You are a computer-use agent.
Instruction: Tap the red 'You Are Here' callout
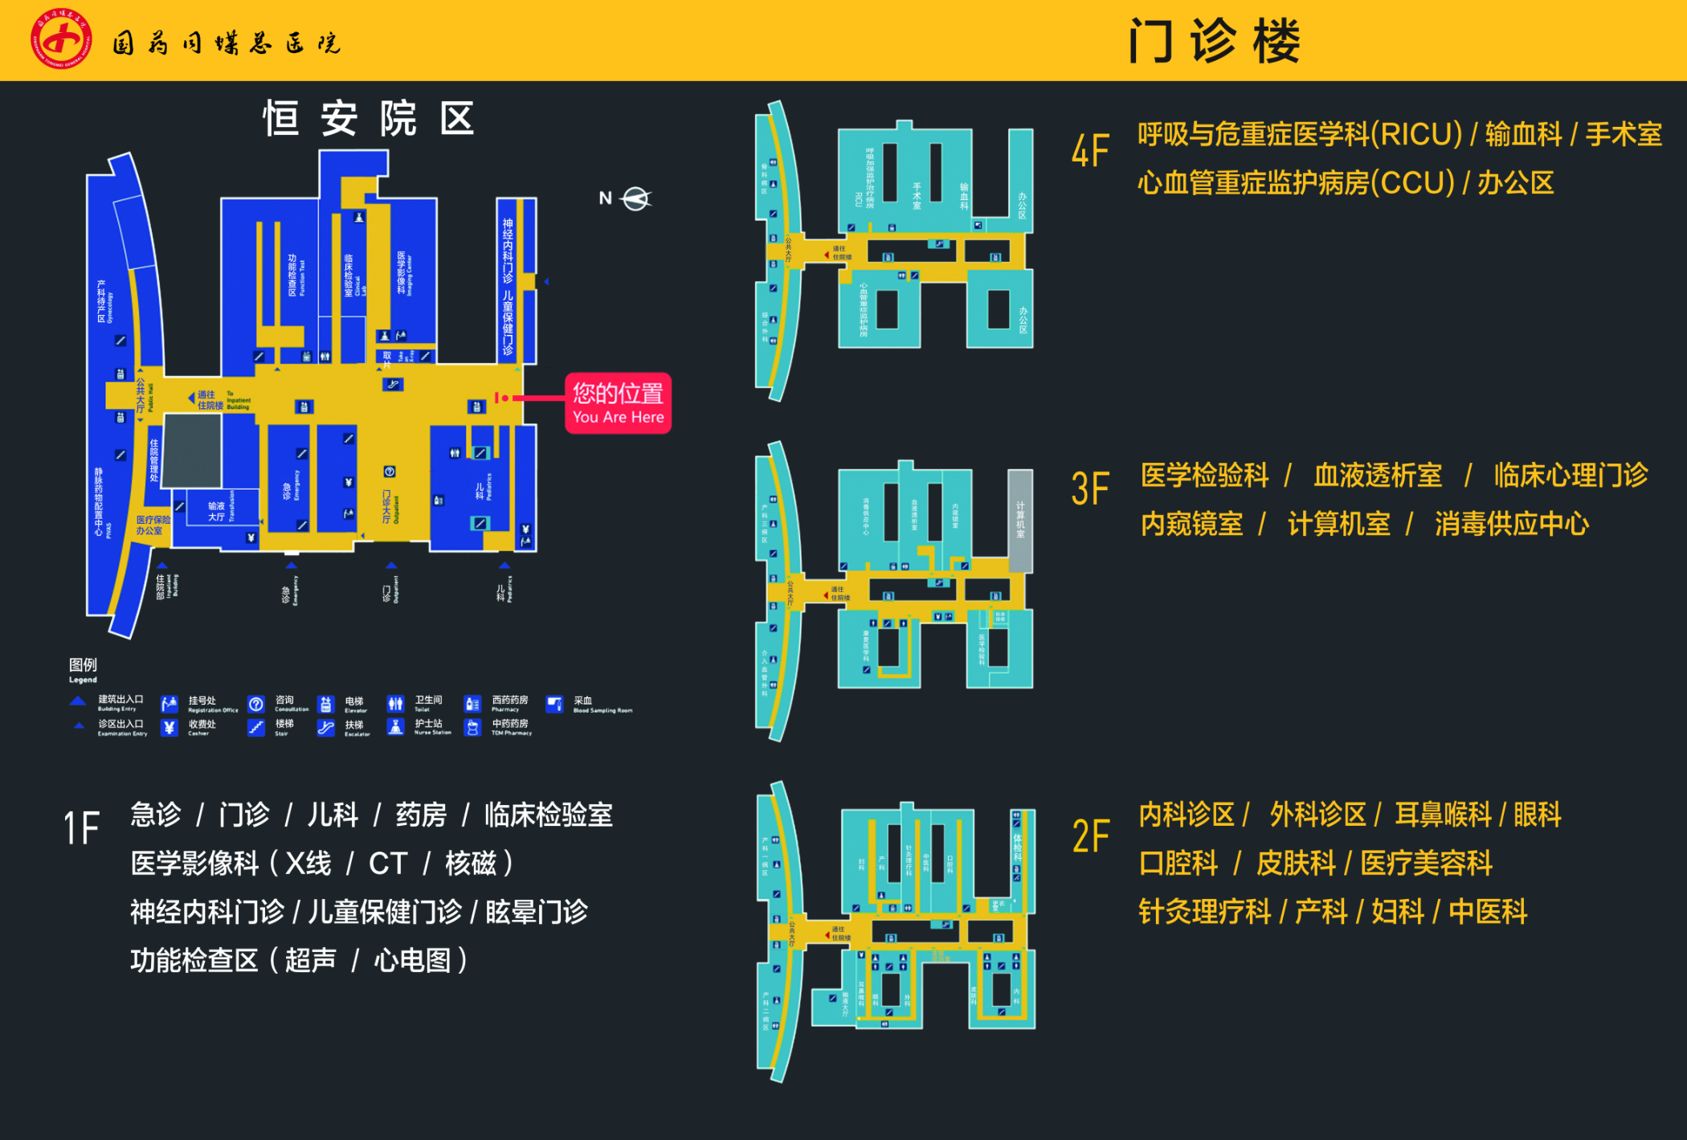click(618, 403)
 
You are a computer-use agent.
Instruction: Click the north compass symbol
click(636, 198)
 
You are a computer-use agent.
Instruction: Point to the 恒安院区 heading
click(369, 119)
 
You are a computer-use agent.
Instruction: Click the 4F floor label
click(1090, 151)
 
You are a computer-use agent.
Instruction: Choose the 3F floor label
click(1090, 489)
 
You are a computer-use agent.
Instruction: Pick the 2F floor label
click(1091, 836)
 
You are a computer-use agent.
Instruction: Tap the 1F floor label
click(82, 828)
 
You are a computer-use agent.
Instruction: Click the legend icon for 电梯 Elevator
click(325, 705)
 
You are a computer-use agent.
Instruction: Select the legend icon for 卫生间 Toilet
click(395, 705)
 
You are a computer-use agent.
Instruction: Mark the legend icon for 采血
click(554, 705)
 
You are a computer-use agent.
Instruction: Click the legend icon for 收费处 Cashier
click(169, 728)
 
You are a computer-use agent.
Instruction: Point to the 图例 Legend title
click(83, 668)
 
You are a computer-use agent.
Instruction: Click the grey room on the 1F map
click(193, 450)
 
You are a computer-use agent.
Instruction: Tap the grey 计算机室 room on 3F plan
click(1020, 521)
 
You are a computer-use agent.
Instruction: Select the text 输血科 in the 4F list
click(1523, 134)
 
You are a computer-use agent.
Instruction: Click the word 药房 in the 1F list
click(421, 815)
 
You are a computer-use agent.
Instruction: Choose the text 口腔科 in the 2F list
click(1178, 863)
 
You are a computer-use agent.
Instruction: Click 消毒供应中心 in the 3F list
click(1512, 524)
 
